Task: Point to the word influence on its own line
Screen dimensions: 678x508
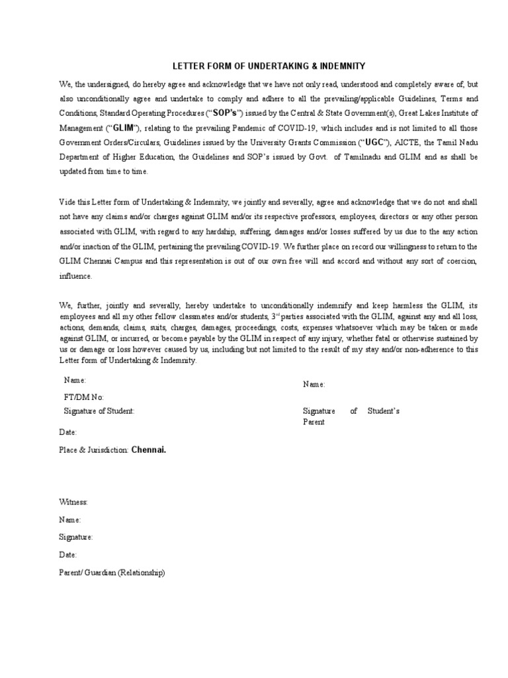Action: click(75, 275)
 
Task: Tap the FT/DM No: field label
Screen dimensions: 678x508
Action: click(84, 397)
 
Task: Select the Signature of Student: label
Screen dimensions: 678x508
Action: click(99, 411)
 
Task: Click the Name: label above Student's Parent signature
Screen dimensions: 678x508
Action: click(314, 384)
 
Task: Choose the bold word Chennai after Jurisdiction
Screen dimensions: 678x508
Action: click(149, 450)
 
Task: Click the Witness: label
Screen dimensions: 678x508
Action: click(73, 503)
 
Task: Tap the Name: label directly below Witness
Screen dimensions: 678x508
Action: click(70, 520)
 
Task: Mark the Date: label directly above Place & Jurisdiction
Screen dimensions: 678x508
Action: click(68, 432)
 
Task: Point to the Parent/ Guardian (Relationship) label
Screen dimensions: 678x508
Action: click(112, 572)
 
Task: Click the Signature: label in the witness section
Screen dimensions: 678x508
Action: click(76, 538)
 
